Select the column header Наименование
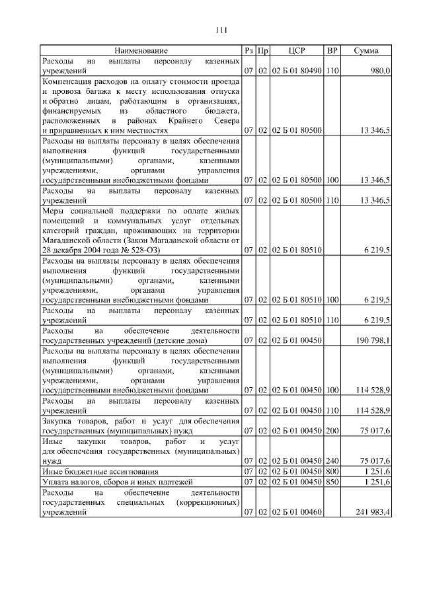pos(140,50)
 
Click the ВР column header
pos(332,50)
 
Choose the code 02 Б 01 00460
pos(297,512)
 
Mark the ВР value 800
pos(332,471)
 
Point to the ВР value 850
pos(332,482)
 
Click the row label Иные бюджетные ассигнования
pos(100,471)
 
